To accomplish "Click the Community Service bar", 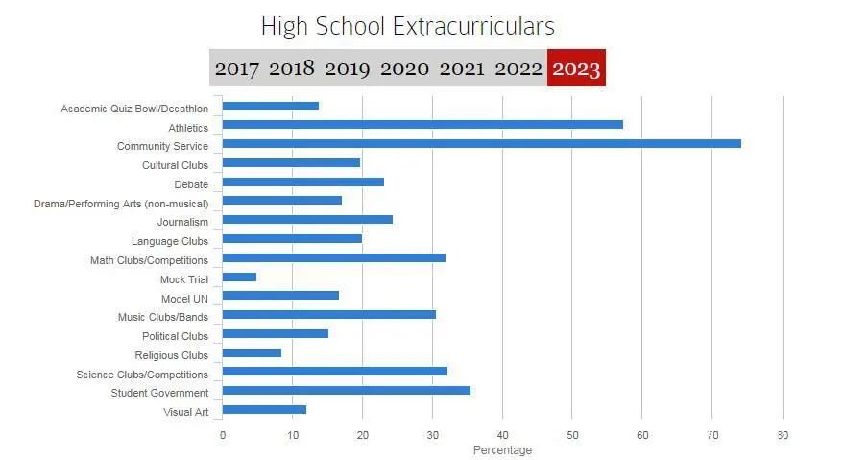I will [481, 144].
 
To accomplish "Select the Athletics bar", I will [422, 125].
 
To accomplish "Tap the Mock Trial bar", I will [239, 278].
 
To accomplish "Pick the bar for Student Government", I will [346, 391].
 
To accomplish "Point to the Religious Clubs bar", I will [252, 353].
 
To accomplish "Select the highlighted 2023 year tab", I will [576, 68].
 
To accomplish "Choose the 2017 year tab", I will [236, 68].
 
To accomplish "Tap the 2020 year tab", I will [404, 68].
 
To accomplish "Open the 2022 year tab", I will [518, 68].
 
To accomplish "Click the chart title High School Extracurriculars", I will [408, 25].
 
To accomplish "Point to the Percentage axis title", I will [502, 450].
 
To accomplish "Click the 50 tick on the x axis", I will [572, 435].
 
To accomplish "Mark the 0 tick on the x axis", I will [223, 435].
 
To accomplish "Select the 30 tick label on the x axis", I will [432, 435].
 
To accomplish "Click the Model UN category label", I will [184, 298].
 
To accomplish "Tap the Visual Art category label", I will [186, 412].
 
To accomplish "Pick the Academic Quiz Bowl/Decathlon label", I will [134, 109].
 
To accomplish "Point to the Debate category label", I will [191, 184].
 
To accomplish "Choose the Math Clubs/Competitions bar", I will [333, 258].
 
